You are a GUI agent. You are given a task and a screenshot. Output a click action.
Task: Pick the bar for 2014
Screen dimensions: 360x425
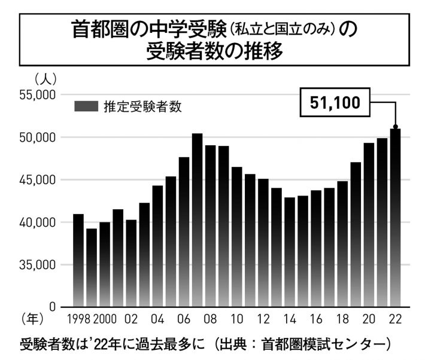(289, 252)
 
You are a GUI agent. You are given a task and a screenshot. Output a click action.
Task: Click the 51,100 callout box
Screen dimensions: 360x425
(335, 103)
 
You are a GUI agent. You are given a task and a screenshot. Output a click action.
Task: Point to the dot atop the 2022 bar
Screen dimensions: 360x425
(395, 127)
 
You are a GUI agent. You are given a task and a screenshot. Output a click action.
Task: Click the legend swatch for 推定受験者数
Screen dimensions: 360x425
(86, 106)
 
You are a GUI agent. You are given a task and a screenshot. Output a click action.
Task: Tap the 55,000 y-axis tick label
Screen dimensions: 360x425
(38, 94)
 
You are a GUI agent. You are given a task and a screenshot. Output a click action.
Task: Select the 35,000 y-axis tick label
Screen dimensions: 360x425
(38, 264)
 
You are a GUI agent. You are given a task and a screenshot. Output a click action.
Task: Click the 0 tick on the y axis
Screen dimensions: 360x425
(52, 307)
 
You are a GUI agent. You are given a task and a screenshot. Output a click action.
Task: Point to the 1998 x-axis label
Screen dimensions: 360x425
(78, 318)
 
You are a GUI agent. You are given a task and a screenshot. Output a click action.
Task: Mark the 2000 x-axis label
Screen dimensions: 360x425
(105, 318)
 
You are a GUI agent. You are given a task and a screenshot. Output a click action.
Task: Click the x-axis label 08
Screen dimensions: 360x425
(210, 318)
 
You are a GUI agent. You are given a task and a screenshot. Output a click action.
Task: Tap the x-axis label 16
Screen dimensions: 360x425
(315, 318)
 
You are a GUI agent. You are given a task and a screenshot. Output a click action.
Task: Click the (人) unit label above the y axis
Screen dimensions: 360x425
(45, 78)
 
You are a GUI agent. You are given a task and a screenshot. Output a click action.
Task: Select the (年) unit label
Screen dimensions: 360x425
(32, 318)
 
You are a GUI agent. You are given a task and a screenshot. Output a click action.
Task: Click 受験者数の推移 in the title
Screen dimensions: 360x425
(214, 51)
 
